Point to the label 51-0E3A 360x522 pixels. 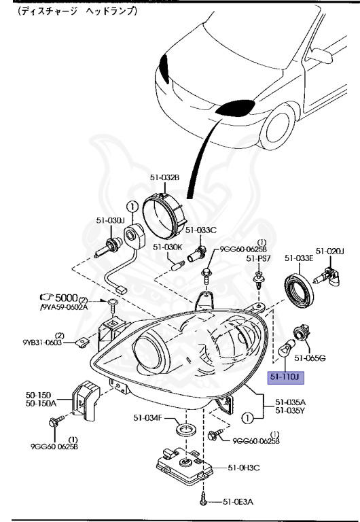(x=238, y=502)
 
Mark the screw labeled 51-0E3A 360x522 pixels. (x=203, y=502)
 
